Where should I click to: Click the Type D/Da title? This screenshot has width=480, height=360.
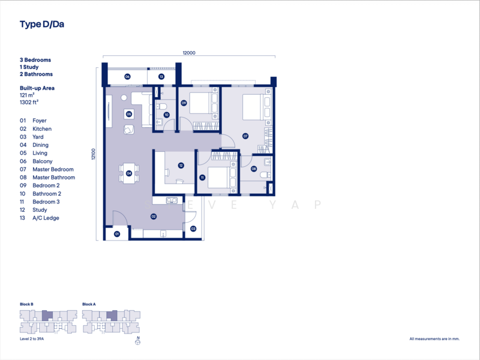pyautogui.click(x=42, y=25)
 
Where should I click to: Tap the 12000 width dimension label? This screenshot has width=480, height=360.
pyautogui.click(x=189, y=53)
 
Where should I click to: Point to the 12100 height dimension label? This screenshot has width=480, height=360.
pyautogui.click(x=94, y=154)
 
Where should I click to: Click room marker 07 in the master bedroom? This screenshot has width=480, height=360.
pyautogui.click(x=245, y=136)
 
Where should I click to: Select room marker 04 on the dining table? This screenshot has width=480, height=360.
pyautogui.click(x=129, y=173)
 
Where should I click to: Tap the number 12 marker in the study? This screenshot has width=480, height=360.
pyautogui.click(x=181, y=166)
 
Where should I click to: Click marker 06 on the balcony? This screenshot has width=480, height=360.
pyautogui.click(x=127, y=77)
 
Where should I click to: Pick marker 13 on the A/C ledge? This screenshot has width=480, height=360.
pyautogui.click(x=161, y=77)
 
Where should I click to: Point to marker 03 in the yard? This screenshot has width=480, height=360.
pyautogui.click(x=193, y=229)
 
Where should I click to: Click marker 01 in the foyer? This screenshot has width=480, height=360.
pyautogui.click(x=116, y=234)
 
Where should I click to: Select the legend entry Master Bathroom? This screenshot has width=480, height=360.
pyautogui.click(x=54, y=178)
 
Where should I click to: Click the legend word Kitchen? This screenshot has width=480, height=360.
pyautogui.click(x=42, y=129)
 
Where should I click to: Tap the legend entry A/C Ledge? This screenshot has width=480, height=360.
pyautogui.click(x=46, y=218)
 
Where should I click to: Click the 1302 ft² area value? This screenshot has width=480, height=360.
pyautogui.click(x=29, y=102)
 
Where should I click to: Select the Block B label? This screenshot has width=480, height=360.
pyautogui.click(x=26, y=304)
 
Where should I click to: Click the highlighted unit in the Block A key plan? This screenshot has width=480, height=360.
pyautogui.click(x=112, y=316)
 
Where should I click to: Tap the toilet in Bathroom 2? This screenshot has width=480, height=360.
pyautogui.click(x=161, y=107)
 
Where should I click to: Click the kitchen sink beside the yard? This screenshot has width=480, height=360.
pyautogui.click(x=172, y=200)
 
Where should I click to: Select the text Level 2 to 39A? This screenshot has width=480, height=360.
pyautogui.click(x=32, y=339)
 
